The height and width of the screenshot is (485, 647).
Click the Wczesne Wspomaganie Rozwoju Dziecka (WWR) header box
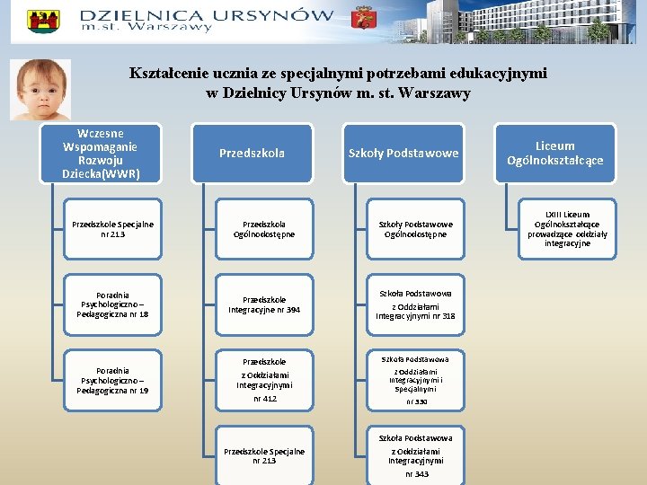(x=101, y=152)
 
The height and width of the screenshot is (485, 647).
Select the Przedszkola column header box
(x=252, y=153)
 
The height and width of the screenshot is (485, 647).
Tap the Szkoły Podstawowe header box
(x=403, y=153)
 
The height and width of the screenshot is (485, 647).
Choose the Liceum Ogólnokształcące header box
(x=554, y=153)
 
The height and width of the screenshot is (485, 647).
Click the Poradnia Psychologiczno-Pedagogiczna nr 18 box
(x=112, y=304)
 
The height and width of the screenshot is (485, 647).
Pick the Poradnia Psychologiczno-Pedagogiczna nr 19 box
(x=112, y=380)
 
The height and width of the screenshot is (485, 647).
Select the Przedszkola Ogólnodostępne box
(x=264, y=229)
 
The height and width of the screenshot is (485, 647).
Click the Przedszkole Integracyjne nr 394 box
(x=264, y=304)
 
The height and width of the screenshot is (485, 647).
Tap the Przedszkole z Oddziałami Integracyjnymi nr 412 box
(x=264, y=380)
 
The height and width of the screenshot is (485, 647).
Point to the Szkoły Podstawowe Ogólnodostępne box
(x=415, y=229)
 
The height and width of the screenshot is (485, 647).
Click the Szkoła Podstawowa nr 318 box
(x=415, y=304)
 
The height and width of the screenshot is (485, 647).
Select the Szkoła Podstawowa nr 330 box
(x=415, y=380)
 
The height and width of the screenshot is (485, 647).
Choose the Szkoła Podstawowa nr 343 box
(x=415, y=455)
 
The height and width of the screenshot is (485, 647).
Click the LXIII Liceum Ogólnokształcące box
(x=567, y=229)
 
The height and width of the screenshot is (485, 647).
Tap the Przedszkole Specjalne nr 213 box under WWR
(x=112, y=229)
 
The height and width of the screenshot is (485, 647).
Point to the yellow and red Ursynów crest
(x=43, y=21)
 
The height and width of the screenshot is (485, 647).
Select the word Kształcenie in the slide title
(x=172, y=74)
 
